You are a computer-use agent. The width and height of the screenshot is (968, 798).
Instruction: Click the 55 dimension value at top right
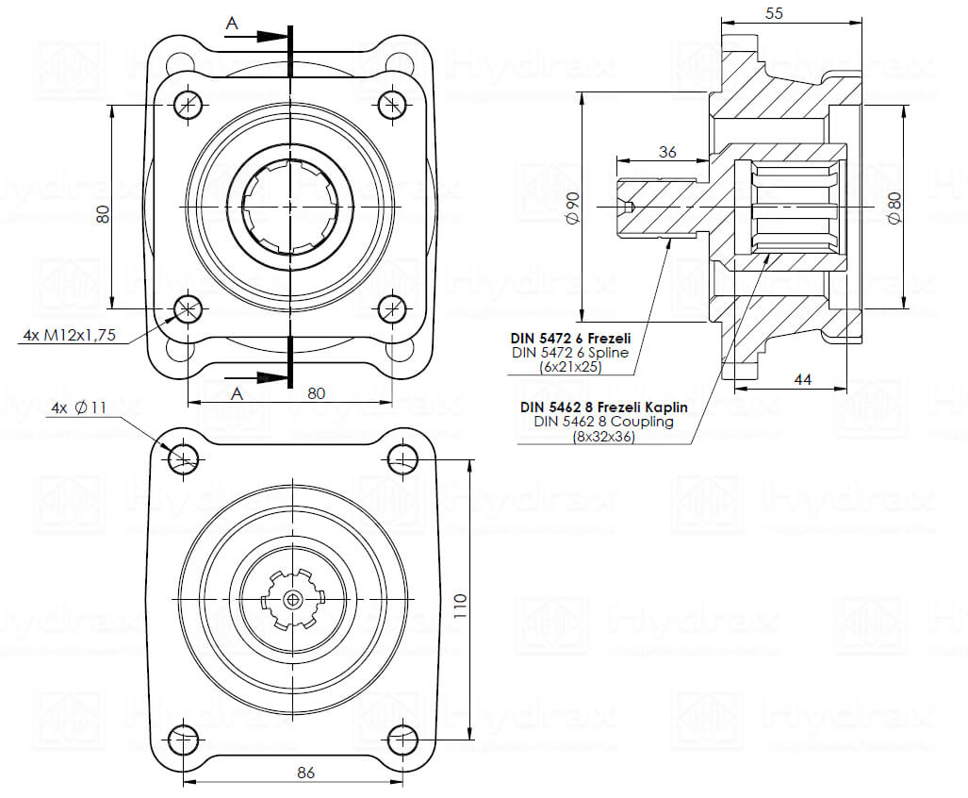[774, 13]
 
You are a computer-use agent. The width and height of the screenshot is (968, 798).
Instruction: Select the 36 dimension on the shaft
[667, 151]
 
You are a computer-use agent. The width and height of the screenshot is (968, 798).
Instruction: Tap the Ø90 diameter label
[572, 208]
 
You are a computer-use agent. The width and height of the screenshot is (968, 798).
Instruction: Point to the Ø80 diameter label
[894, 208]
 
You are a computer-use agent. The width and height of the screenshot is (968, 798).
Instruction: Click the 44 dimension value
[802, 379]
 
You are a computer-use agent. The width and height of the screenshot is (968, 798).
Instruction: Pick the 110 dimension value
[460, 607]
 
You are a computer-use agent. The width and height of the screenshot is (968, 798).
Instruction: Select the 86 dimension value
[305, 772]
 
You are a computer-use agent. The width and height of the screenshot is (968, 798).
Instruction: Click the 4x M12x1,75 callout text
[69, 335]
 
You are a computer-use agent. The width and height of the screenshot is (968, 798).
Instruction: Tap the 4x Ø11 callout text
[79, 407]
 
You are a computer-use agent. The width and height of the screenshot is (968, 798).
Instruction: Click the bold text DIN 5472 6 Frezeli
[570, 339]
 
